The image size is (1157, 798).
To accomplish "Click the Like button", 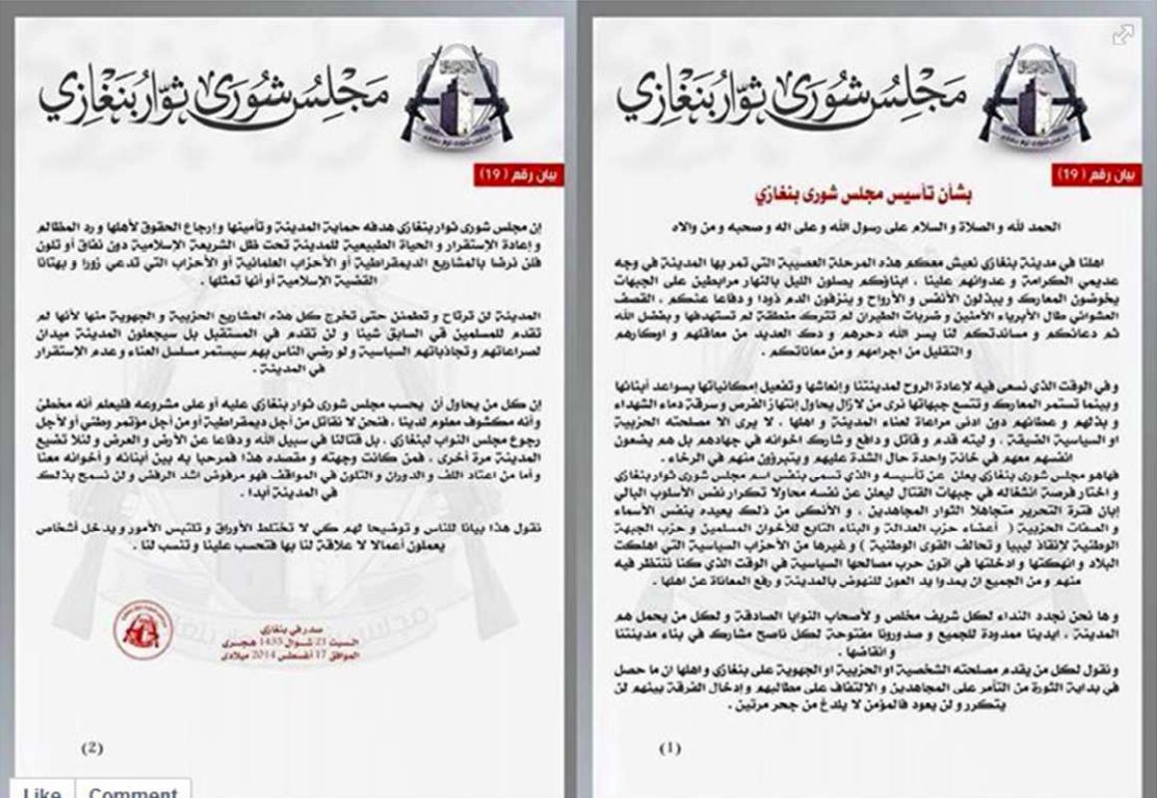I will [x=41, y=790].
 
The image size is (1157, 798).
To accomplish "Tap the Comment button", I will [x=135, y=790].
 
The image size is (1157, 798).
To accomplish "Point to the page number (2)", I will [x=92, y=747].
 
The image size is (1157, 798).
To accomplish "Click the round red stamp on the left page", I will [x=144, y=629].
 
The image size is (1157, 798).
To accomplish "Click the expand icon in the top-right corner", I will [x=1123, y=35].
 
